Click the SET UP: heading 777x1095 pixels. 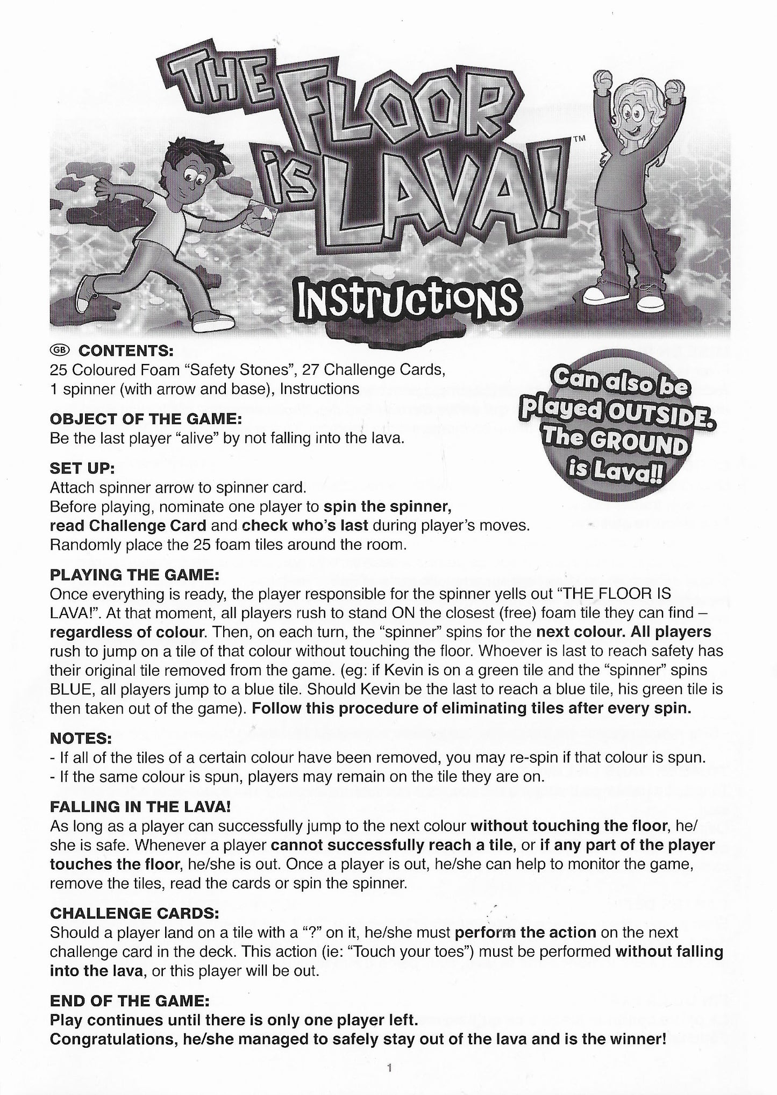click(82, 468)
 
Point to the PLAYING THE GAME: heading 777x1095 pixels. click(134, 574)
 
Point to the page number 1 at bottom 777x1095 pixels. click(389, 1069)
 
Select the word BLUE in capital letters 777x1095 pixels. click(72, 689)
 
